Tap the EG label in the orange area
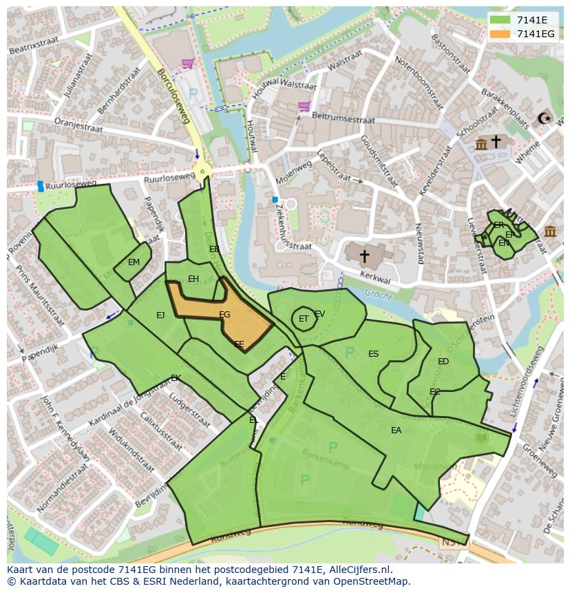[224, 315]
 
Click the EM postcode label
[134, 262]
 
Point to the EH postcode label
[193, 279]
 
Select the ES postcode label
[373, 354]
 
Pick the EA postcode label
[396, 430]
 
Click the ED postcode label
[443, 362]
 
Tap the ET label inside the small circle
[304, 319]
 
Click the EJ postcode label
[160, 315]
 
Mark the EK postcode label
[176, 378]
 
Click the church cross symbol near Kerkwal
[364, 256]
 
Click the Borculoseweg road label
[173, 96]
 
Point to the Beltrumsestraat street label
[343, 119]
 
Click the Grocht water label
[379, 294]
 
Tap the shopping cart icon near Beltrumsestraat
[304, 106]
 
